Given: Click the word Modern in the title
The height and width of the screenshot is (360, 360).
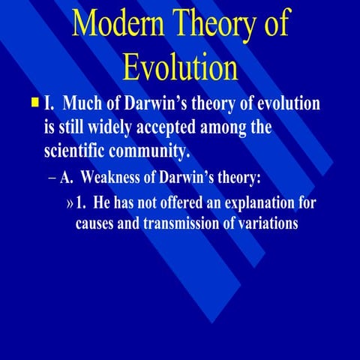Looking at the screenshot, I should coord(120,25).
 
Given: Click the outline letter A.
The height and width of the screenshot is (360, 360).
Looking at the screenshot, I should coord(65,178).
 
